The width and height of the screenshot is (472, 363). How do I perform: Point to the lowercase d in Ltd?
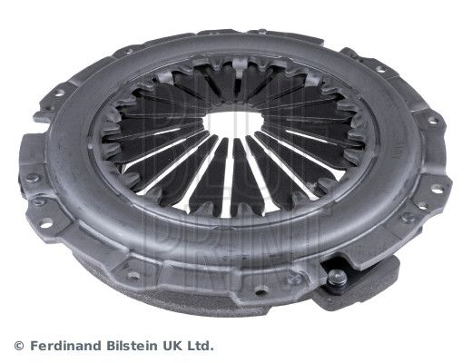coord(207,346)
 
